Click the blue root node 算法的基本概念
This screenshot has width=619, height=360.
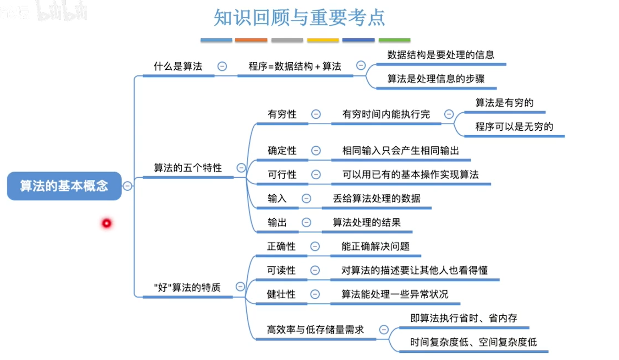(64, 186)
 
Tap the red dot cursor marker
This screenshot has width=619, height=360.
(107, 223)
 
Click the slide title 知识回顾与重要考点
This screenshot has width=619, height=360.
(299, 17)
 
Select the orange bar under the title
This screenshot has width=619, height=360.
(251, 40)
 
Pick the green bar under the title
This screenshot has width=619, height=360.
(394, 40)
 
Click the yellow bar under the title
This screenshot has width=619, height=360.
(323, 40)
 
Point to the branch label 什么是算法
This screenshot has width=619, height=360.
(178, 67)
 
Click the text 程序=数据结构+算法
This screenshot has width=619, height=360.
(295, 67)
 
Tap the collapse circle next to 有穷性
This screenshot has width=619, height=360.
(316, 114)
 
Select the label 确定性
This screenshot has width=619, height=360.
(282, 151)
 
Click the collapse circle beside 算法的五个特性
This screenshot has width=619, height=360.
(241, 168)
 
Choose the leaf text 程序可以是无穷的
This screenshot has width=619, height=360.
(514, 127)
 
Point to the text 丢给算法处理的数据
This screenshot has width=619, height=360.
(376, 198)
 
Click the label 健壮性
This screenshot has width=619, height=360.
(281, 294)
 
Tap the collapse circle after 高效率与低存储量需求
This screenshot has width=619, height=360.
(384, 329)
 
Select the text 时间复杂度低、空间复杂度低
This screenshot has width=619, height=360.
(474, 342)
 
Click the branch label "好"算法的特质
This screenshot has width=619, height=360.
(188, 287)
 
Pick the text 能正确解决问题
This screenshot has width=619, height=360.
(375, 247)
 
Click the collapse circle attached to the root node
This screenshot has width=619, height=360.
(127, 186)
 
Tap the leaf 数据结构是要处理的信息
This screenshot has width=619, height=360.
(441, 55)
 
